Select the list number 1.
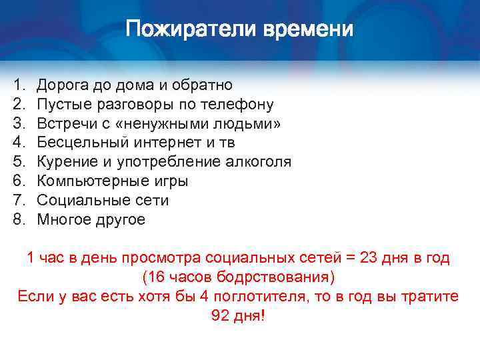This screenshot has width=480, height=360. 18,85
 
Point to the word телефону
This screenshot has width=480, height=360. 237,105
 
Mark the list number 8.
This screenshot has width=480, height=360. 18,219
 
